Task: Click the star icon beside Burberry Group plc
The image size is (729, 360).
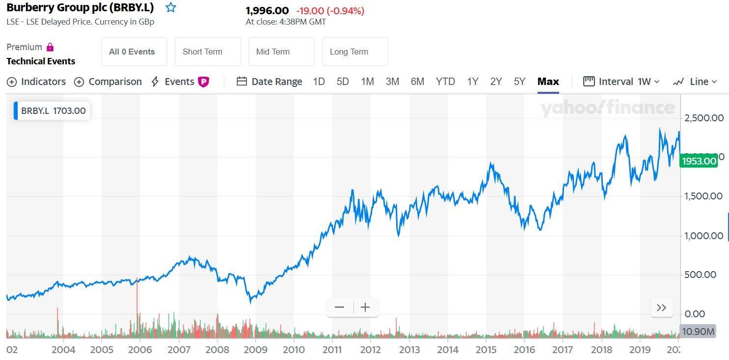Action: (x=170, y=7)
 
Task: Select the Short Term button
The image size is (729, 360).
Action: (x=208, y=52)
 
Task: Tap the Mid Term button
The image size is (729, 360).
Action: (x=281, y=52)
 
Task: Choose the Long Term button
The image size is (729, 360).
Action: (x=355, y=52)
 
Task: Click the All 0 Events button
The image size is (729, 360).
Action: (x=134, y=52)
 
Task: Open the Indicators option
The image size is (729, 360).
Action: (x=36, y=82)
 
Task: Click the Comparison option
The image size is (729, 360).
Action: (x=108, y=82)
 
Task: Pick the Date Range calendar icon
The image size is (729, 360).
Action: (x=242, y=81)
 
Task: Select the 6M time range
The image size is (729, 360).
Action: (x=417, y=82)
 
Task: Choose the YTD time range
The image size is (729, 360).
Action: (x=445, y=82)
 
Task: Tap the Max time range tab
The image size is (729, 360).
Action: (x=548, y=82)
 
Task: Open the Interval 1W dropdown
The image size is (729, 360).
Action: (x=621, y=82)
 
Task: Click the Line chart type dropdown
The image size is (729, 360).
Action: (x=695, y=82)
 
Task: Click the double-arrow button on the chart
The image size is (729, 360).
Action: (x=661, y=307)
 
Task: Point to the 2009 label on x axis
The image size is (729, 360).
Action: (x=255, y=350)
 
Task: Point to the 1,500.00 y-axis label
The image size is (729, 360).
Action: (x=703, y=196)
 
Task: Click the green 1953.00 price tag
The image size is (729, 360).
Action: (x=699, y=161)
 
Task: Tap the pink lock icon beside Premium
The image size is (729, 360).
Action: (x=50, y=47)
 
